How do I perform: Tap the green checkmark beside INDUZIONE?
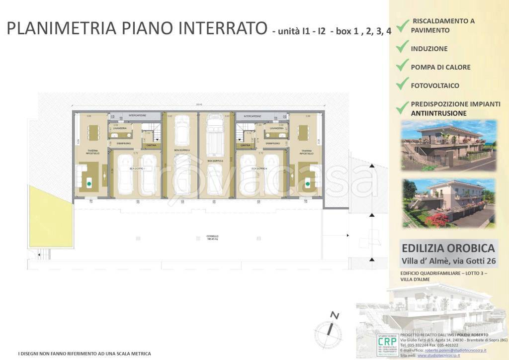pos(402,47)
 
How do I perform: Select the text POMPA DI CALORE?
pos(440,67)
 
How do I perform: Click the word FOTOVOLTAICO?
pos(435,86)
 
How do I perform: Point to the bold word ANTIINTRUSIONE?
pos(438,113)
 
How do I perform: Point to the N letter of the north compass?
pos(335,315)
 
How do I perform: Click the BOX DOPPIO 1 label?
pos(137,169)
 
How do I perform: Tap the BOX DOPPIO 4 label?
pos(258,169)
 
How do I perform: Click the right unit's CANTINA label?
pos(245,145)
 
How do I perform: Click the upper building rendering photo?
pos(448,145)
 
